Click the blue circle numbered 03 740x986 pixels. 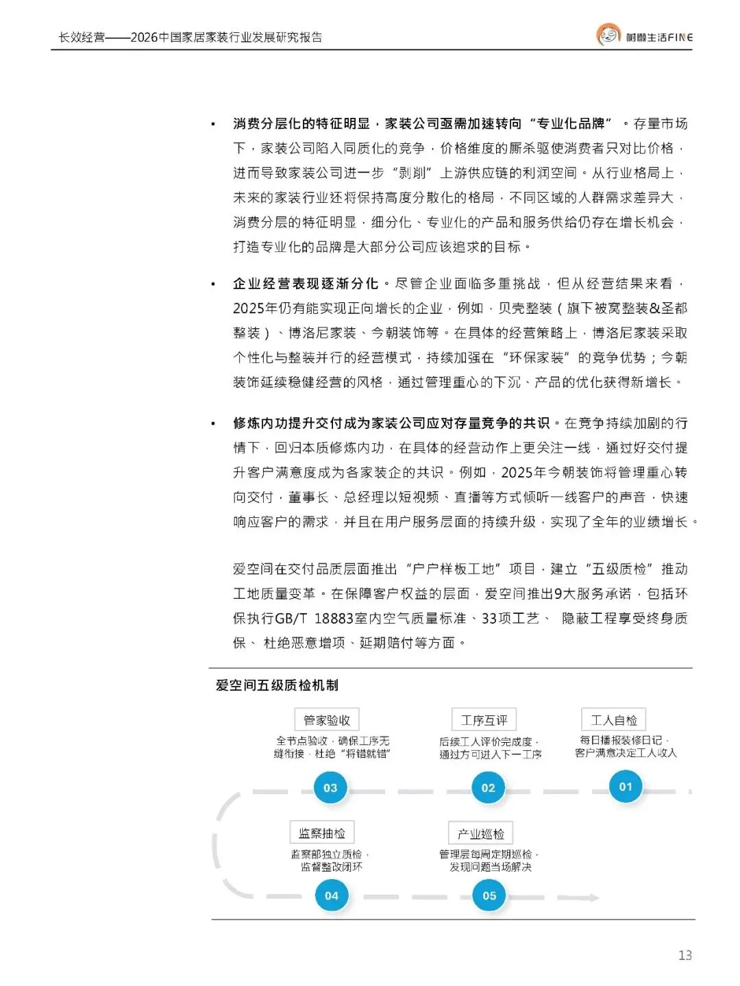point(330,787)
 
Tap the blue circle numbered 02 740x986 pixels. point(488,787)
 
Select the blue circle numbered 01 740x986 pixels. point(626,786)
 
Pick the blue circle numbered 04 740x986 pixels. point(332,895)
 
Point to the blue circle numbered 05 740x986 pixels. point(489,895)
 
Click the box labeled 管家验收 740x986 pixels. point(327,720)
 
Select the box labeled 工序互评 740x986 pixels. point(484,720)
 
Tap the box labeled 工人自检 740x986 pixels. point(614,720)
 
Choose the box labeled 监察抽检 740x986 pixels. point(322,833)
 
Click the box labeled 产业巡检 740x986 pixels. point(481,833)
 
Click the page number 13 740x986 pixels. point(684,955)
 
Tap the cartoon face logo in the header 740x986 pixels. point(608,35)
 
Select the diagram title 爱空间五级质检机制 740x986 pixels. point(277,685)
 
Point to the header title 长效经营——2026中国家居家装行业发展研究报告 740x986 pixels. point(190,37)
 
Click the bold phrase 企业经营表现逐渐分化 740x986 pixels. point(306,284)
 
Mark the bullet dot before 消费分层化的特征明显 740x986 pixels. point(214,124)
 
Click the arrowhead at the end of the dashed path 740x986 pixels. point(593,897)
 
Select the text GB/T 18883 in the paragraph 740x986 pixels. point(314,619)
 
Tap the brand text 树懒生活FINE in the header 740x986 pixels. point(659,37)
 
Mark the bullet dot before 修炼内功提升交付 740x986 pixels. point(214,423)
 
